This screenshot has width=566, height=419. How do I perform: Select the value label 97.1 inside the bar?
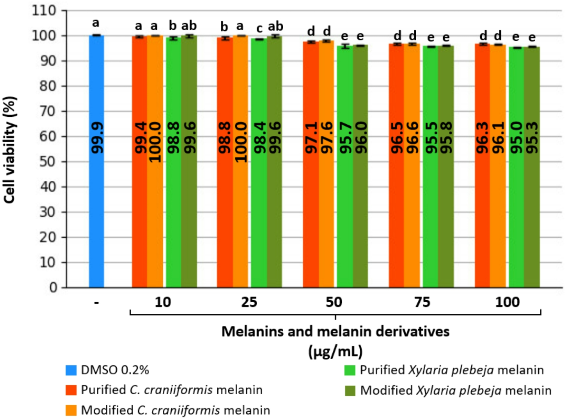(311, 138)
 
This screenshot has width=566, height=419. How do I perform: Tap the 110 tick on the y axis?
(44, 11)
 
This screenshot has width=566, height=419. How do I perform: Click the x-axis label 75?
(422, 302)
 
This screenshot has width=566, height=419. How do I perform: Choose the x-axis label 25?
(249, 302)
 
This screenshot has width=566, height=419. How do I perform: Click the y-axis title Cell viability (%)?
(10, 149)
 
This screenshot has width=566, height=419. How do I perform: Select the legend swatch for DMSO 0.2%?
(71, 370)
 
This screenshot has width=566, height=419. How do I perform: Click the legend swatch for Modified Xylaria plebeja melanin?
(350, 391)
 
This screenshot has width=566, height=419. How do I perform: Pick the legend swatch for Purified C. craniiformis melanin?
(71, 390)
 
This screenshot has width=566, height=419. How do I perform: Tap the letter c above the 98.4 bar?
(259, 28)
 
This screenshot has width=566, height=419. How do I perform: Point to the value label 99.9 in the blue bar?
(98, 138)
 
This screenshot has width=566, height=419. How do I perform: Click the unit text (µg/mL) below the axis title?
(335, 352)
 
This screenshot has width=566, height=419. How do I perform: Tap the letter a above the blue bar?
(96, 23)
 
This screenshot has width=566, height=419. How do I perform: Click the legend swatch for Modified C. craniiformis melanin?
(71, 411)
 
